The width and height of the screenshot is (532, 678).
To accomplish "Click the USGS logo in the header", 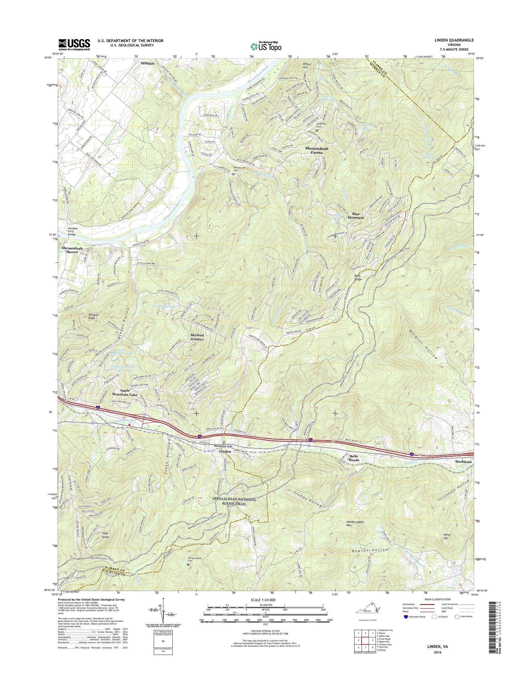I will pos(74,44).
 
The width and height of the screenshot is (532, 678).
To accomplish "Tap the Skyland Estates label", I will pos(197,337).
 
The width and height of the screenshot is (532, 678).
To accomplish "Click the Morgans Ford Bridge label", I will pos(72,231).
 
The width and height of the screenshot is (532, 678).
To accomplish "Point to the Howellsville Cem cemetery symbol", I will pos(233,174).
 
